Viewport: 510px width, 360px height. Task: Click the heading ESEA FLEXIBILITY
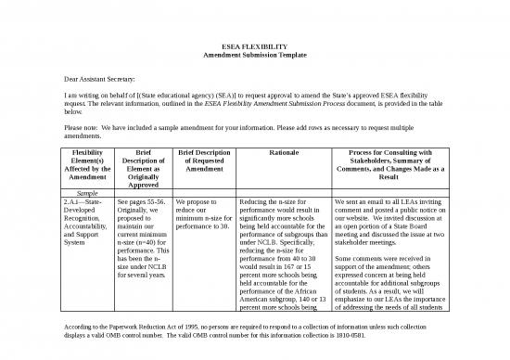pyautogui.click(x=254, y=45)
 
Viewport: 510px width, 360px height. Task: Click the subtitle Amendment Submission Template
pyautogui.click(x=254, y=55)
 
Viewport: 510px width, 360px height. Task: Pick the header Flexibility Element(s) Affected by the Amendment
pyautogui.click(x=82, y=166)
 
